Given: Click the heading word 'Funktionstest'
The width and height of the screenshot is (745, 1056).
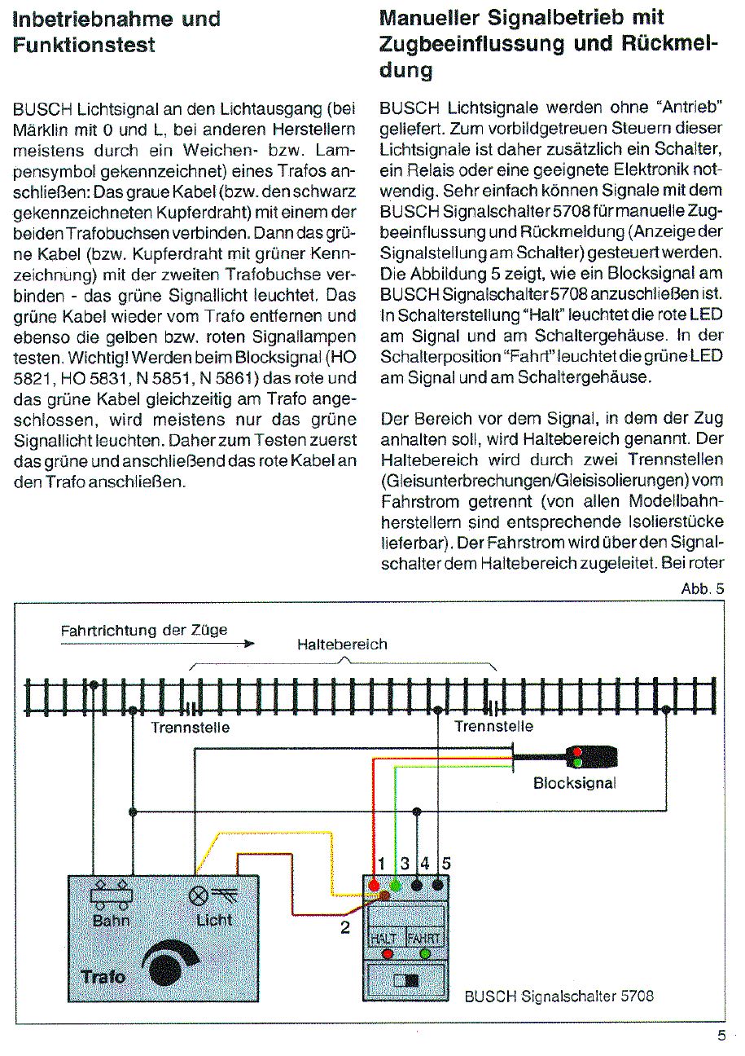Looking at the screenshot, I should click(84, 45).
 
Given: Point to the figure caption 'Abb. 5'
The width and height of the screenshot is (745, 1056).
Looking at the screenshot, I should click(702, 589).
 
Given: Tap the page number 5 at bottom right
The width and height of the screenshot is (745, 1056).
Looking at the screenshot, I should click(721, 1037).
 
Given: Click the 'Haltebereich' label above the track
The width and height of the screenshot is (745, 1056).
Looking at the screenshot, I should click(342, 645).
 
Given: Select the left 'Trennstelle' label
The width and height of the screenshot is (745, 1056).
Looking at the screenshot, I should click(191, 728).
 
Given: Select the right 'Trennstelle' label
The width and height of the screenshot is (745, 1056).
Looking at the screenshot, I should click(493, 726).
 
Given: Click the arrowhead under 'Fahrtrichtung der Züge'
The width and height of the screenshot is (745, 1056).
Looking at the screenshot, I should click(248, 645).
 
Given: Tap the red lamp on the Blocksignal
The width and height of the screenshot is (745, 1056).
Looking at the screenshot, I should click(576, 751).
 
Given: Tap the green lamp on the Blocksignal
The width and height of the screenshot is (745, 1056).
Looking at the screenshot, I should click(576, 763).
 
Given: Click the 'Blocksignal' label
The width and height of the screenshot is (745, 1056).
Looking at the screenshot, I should click(575, 784).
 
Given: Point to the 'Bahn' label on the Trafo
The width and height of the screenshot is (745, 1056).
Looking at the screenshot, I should click(112, 921).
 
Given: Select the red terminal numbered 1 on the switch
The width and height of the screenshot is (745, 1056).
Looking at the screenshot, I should click(375, 885).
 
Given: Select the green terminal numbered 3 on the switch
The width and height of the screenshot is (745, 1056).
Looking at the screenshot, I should click(396, 885).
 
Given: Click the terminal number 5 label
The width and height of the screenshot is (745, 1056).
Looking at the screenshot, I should click(445, 863).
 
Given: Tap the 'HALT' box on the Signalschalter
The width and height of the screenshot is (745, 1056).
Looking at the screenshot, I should click(383, 938).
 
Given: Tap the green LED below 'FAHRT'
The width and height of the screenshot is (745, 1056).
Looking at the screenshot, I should click(424, 953).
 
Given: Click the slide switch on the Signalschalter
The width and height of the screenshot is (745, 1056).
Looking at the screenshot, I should click(405, 980).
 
